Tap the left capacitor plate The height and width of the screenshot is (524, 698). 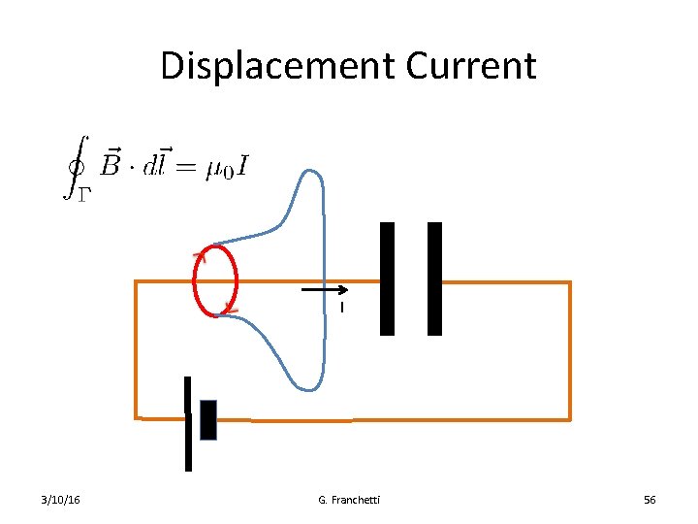point(387,278)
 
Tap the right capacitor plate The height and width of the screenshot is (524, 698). point(434,278)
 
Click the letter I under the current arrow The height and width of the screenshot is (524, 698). point(341,309)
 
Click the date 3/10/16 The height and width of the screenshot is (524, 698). point(61,500)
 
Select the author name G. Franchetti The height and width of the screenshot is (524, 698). point(349,500)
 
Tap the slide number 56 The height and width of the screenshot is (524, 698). point(650,500)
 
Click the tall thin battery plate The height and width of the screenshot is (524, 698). point(188,424)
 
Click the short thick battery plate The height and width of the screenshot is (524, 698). point(207,419)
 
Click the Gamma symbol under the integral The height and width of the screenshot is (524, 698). point(83,193)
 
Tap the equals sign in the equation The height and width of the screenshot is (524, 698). point(187,168)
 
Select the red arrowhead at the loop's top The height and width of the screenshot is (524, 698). point(200,256)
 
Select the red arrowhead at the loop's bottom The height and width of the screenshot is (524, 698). point(231,309)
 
